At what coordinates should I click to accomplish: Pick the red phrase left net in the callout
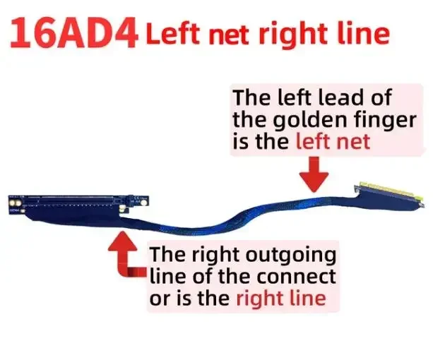(x=333, y=141)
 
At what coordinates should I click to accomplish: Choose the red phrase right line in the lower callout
(x=281, y=298)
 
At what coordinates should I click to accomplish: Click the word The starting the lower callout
(x=167, y=253)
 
